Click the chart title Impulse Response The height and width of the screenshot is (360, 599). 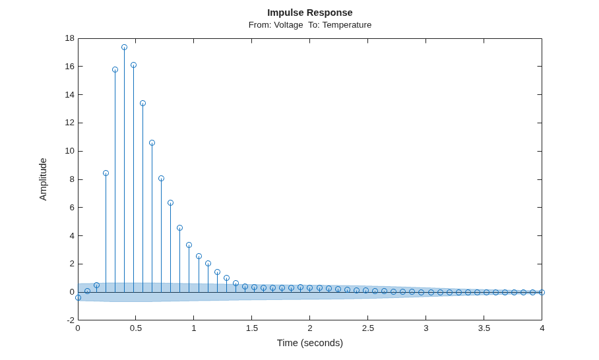(x=310, y=13)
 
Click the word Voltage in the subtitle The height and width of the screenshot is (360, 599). (x=288, y=25)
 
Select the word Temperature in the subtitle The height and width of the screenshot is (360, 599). (x=347, y=25)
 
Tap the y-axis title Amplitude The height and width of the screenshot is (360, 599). (x=43, y=179)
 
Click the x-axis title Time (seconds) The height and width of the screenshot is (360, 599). (x=310, y=343)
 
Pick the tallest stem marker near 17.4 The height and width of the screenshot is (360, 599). (x=124, y=47)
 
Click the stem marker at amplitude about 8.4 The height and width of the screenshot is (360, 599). (x=106, y=173)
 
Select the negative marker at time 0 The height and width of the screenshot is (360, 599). (x=78, y=298)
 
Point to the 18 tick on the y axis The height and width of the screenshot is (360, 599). (x=70, y=38)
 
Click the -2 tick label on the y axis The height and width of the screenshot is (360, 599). (x=71, y=320)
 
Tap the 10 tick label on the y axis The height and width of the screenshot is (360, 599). (x=70, y=151)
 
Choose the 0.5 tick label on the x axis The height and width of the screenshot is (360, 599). (x=136, y=328)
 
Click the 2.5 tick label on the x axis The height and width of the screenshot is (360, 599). (x=368, y=328)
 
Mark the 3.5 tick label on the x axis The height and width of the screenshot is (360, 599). (x=484, y=328)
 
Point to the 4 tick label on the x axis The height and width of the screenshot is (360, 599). (x=542, y=328)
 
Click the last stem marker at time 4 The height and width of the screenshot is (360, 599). (x=542, y=293)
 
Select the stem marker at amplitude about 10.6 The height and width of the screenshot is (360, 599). (x=152, y=143)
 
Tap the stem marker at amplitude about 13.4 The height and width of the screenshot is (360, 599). (x=143, y=103)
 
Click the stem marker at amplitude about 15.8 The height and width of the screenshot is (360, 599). (x=115, y=69)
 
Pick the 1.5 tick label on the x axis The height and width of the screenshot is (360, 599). (x=252, y=328)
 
